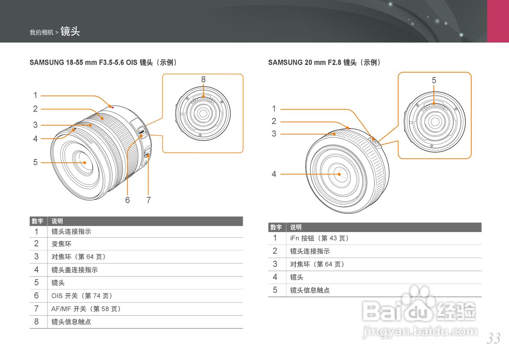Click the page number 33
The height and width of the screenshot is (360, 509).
[493, 339]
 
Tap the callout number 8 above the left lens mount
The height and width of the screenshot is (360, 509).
[203, 79]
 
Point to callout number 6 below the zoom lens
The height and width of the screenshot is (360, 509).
[127, 200]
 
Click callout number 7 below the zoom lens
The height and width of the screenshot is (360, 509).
[148, 200]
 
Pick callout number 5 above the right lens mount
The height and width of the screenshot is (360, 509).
[434, 80]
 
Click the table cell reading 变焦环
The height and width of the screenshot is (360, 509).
[62, 244]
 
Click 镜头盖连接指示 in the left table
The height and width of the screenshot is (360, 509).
[75, 270]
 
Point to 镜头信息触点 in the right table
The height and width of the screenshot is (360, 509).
[310, 290]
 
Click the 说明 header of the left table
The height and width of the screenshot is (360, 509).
[57, 221]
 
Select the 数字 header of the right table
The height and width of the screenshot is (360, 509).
[276, 227]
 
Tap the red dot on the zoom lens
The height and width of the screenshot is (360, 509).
[112, 107]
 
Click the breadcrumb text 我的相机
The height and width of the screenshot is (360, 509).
[41, 33]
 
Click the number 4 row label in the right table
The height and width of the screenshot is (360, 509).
[275, 277]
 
